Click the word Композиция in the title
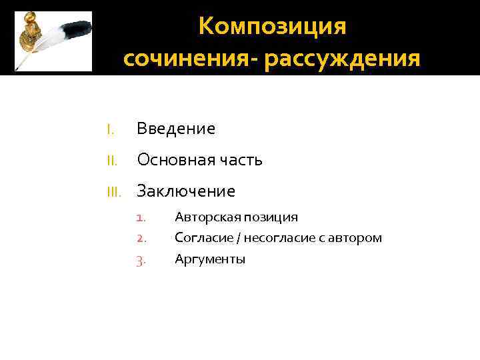[x=273, y=27]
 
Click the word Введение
[x=176, y=129]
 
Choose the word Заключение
[x=186, y=191]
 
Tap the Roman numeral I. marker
[x=111, y=129]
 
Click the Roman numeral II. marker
[x=112, y=160]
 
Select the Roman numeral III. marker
[x=113, y=191]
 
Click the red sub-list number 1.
[x=140, y=217]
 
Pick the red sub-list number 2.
[x=140, y=238]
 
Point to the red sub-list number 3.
[x=140, y=259]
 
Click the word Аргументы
[x=210, y=259]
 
